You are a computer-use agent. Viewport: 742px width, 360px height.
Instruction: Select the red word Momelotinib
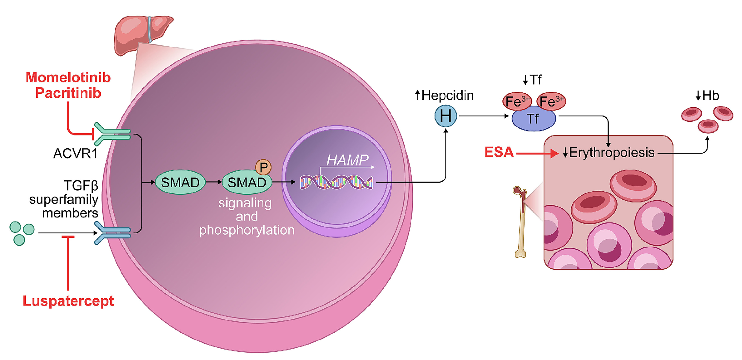(68, 78)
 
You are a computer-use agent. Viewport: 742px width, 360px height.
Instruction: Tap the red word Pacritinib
(68, 93)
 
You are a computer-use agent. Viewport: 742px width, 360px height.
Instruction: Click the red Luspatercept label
(68, 301)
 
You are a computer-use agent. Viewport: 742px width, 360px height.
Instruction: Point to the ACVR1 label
(75, 153)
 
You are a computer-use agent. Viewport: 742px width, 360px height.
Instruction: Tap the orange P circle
(263, 167)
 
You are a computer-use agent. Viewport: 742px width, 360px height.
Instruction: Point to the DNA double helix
(336, 183)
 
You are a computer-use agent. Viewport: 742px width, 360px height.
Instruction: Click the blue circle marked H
(445, 116)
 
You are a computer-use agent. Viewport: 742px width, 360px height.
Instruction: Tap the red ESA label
(499, 152)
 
